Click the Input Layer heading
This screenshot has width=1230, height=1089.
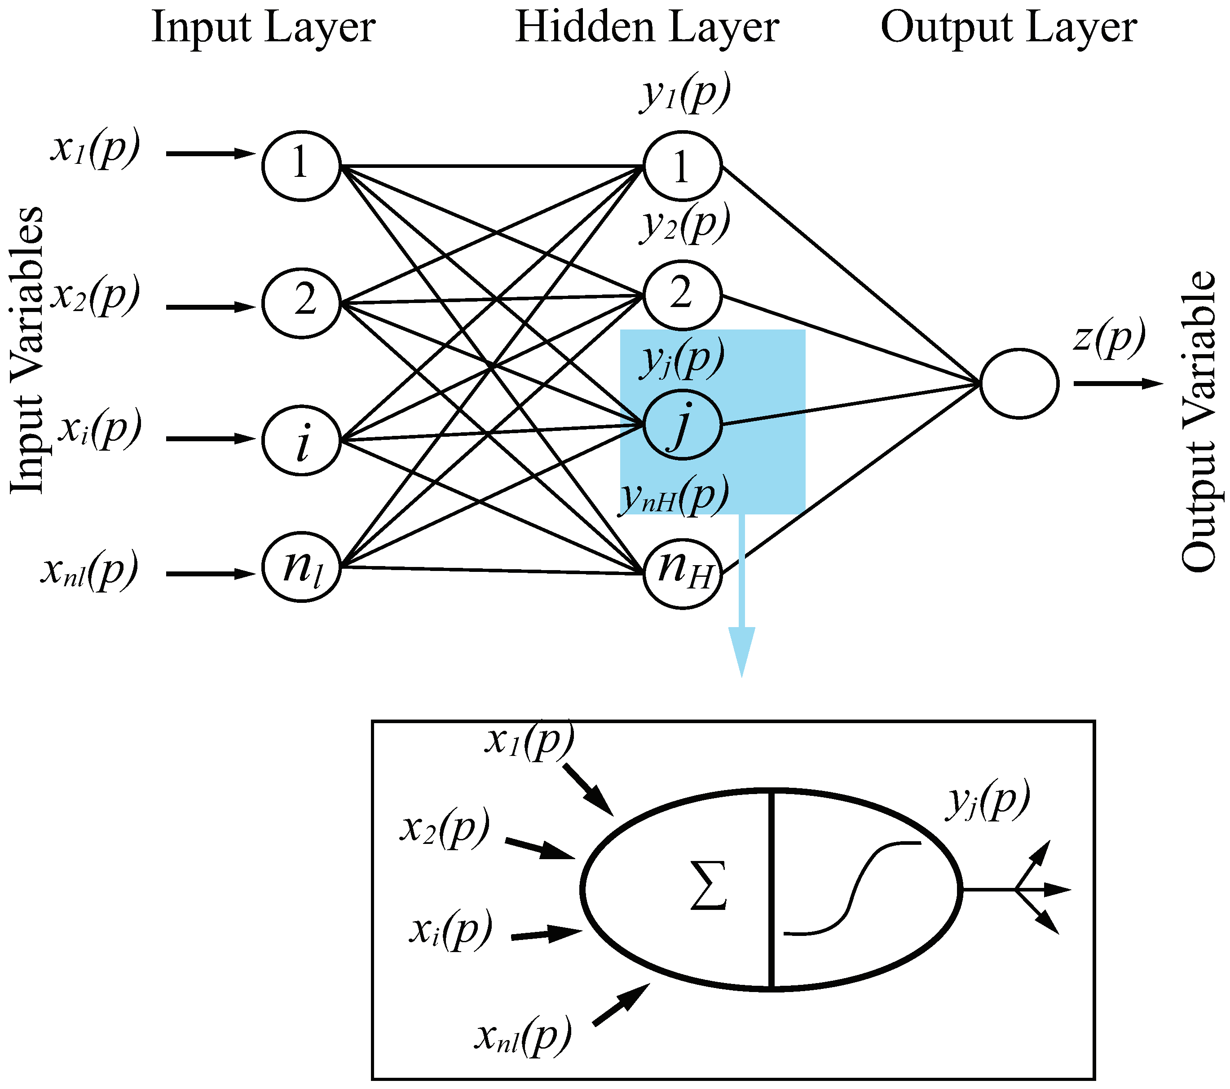click(x=263, y=28)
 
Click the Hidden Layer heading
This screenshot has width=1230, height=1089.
click(x=647, y=28)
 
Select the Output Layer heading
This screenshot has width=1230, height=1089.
click(x=1009, y=28)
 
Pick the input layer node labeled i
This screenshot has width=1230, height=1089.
click(x=301, y=441)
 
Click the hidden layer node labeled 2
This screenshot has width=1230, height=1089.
click(x=682, y=295)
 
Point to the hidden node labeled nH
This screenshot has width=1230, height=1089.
click(x=682, y=571)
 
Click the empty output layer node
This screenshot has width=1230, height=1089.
click(x=1019, y=383)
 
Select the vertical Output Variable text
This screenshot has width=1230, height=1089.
click(x=1198, y=421)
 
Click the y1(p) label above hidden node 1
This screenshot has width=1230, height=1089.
click(x=685, y=93)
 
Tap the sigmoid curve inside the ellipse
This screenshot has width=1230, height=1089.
click(x=851, y=888)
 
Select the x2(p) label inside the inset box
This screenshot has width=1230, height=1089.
click(x=445, y=829)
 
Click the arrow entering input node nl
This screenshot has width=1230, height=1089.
click(x=211, y=573)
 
